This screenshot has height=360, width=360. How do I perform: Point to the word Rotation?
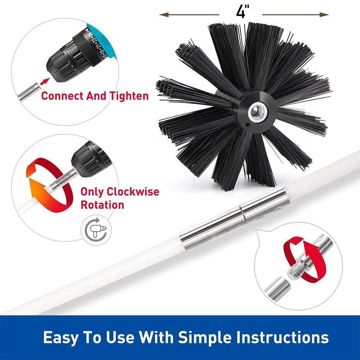[102, 205]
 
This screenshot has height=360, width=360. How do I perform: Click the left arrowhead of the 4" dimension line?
[163, 15]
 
